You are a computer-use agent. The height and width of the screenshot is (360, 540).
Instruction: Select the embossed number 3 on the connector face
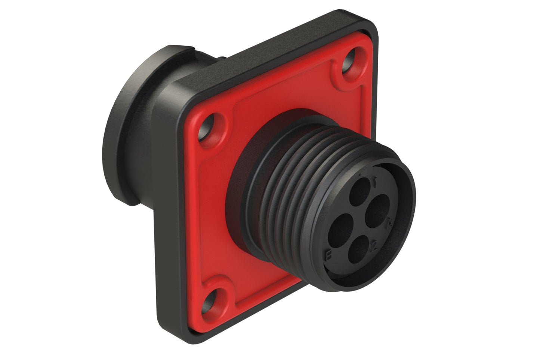click(x=330, y=255)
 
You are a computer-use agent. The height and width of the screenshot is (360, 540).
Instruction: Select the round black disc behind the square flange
click(x=123, y=127)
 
